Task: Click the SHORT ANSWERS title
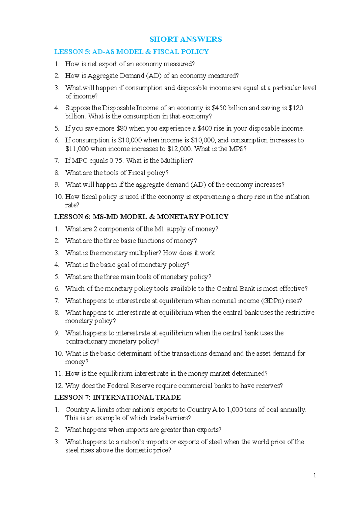[186, 39]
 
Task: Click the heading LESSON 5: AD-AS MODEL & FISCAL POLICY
[131, 52]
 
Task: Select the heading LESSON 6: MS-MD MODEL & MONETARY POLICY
[141, 217]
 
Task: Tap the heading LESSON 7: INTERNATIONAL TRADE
[117, 397]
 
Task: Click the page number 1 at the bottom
[314, 475]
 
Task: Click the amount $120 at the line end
[296, 108]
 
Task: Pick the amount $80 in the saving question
[121, 129]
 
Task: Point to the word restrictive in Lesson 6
[300, 313]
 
